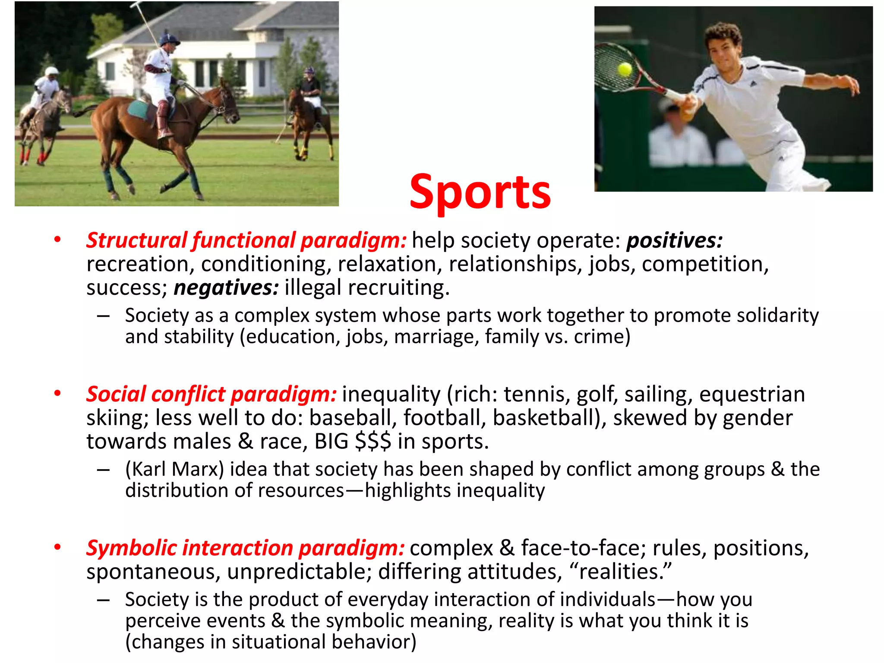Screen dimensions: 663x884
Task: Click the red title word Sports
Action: tap(480, 192)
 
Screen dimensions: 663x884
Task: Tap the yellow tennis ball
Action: tap(625, 69)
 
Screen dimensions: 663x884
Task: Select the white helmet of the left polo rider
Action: tap(52, 71)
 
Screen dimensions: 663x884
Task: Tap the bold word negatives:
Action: tap(226, 288)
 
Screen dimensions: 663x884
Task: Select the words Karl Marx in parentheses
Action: tap(175, 469)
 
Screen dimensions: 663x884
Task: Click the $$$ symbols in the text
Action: tap(373, 442)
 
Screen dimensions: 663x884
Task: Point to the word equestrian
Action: tap(752, 395)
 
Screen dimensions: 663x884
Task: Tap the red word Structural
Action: tap(136, 240)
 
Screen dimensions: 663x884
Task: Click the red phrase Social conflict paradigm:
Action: tap(211, 395)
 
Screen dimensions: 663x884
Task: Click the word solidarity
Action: tap(777, 316)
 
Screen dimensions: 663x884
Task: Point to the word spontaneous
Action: tap(153, 572)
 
